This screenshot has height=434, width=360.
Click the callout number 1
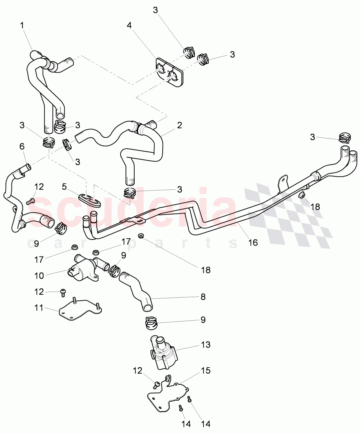pyautogui.click(x=22, y=25)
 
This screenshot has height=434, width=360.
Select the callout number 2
pyautogui.click(x=179, y=125)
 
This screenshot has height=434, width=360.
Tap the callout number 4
pyautogui.click(x=129, y=25)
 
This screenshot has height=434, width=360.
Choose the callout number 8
pyautogui.click(x=203, y=296)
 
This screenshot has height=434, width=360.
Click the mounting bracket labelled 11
pyautogui.click(x=79, y=311)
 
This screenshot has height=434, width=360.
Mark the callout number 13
pyautogui.click(x=205, y=345)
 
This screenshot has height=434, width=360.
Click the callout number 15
pyautogui.click(x=205, y=371)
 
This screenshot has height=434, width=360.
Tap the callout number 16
pyautogui.click(x=253, y=242)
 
